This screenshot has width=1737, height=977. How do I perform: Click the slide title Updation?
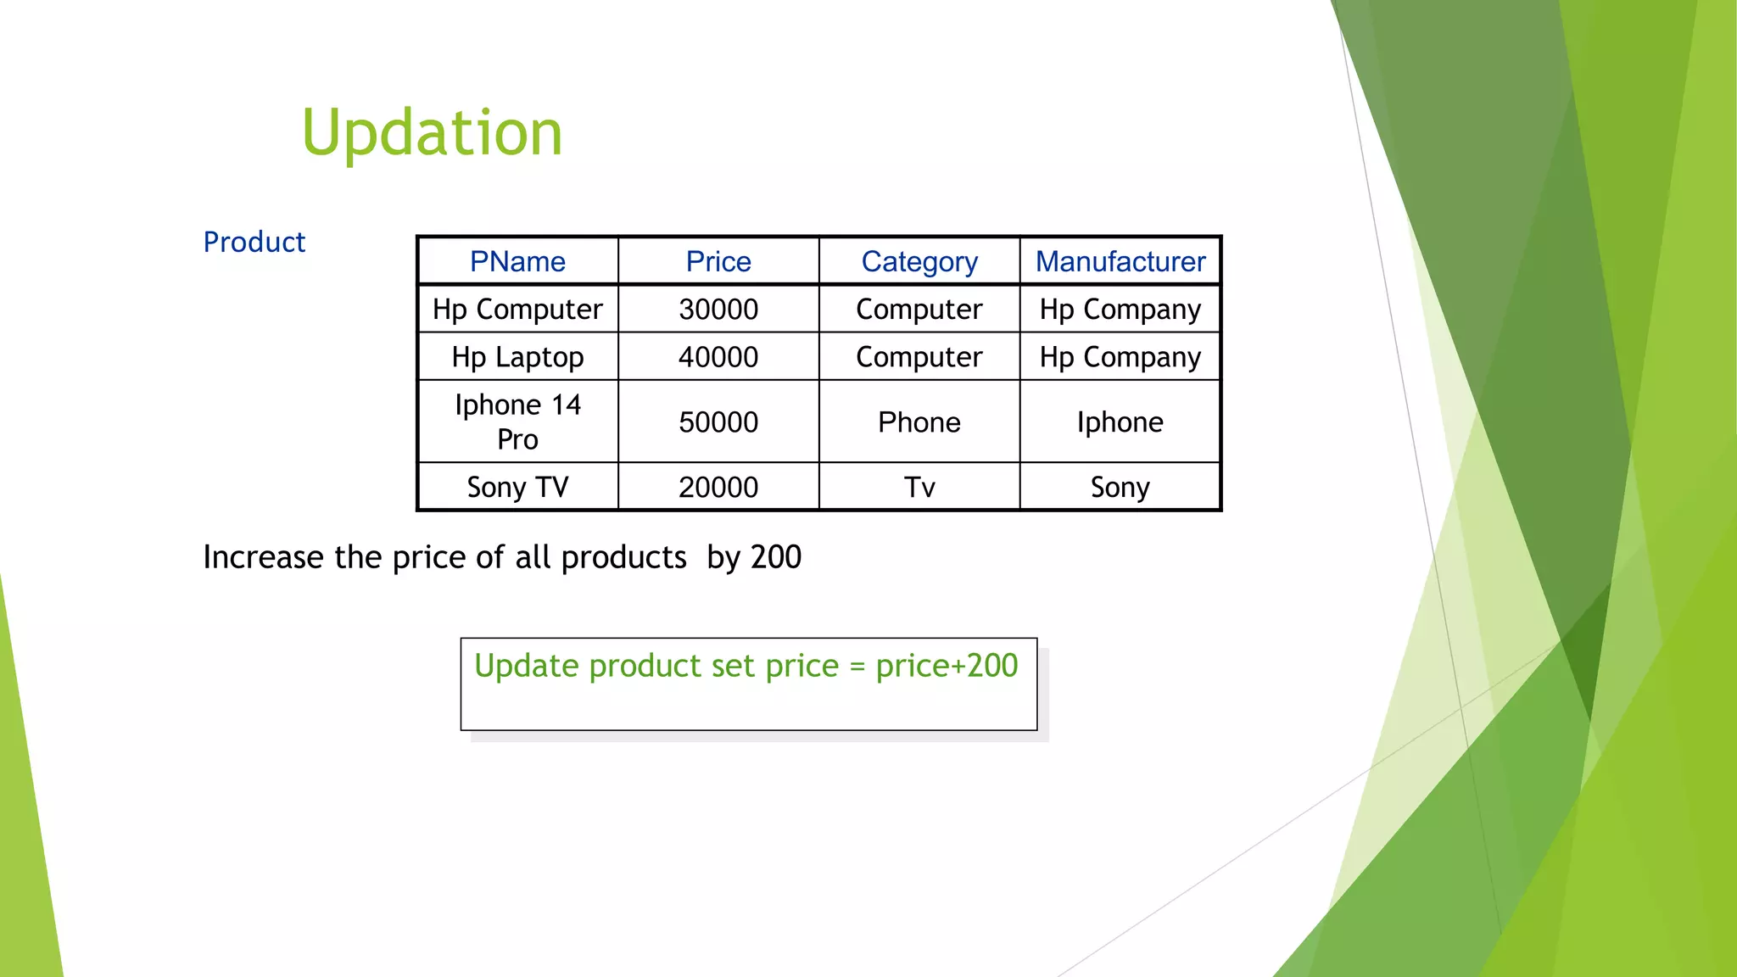pyautogui.click(x=432, y=133)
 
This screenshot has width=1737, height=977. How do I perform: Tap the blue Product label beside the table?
pyautogui.click(x=254, y=243)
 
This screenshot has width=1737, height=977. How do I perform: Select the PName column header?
pyautogui.click(x=517, y=261)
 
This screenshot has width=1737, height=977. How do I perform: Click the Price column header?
pyautogui.click(x=718, y=261)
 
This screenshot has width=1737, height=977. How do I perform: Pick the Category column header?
pyautogui.click(x=919, y=261)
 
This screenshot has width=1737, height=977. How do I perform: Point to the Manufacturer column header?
pyautogui.click(x=1120, y=261)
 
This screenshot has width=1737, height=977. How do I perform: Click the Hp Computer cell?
pyautogui.click(x=517, y=310)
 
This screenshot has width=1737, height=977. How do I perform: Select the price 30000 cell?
pyautogui.click(x=718, y=310)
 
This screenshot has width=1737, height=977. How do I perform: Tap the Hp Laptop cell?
pyautogui.click(x=517, y=357)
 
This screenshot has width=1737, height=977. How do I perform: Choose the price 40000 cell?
pyautogui.click(x=718, y=357)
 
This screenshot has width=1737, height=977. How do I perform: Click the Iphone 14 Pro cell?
pyautogui.click(x=517, y=422)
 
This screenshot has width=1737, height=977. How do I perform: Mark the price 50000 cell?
pyautogui.click(x=718, y=422)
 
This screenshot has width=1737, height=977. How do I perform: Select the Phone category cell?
pyautogui.click(x=919, y=422)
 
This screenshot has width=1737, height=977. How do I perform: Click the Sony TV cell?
pyautogui.click(x=517, y=488)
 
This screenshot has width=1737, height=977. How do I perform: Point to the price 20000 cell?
pyautogui.click(x=718, y=488)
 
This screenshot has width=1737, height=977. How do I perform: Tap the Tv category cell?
pyautogui.click(x=919, y=488)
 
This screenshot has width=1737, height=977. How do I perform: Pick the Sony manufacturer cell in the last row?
pyautogui.click(x=1120, y=488)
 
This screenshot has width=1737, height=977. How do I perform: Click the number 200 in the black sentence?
pyautogui.click(x=775, y=557)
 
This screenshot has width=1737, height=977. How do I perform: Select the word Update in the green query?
pyautogui.click(x=526, y=667)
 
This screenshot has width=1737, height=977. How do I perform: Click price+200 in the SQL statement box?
pyautogui.click(x=947, y=667)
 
